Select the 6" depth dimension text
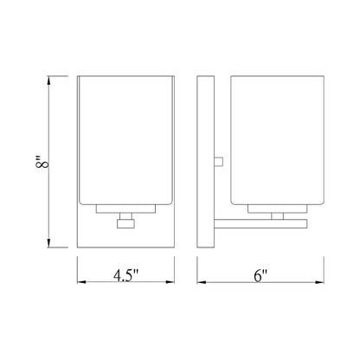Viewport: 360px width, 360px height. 260,278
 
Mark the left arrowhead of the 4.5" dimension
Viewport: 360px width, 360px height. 80,283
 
